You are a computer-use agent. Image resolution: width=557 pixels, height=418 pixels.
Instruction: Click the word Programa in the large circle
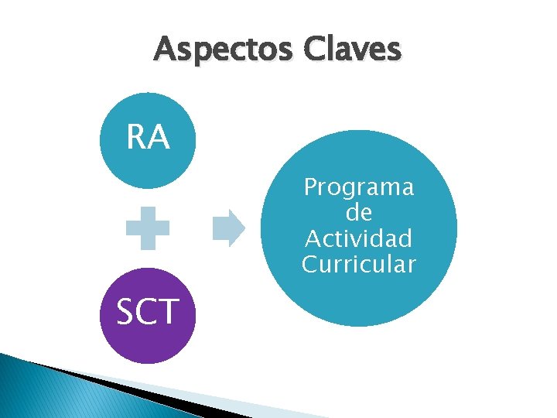[359, 187]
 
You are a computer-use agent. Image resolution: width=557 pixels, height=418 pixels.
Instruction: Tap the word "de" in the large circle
[359, 212]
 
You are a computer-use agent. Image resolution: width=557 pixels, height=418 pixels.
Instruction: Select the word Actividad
[359, 238]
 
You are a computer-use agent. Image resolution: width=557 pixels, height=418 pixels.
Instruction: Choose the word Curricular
[359, 264]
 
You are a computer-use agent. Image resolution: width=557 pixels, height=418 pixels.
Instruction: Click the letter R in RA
[136, 138]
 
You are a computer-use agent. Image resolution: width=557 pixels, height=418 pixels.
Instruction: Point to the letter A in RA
[159, 138]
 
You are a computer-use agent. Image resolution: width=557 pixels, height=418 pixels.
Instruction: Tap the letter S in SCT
[125, 311]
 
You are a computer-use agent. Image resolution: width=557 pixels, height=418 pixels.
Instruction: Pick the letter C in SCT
[147, 311]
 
